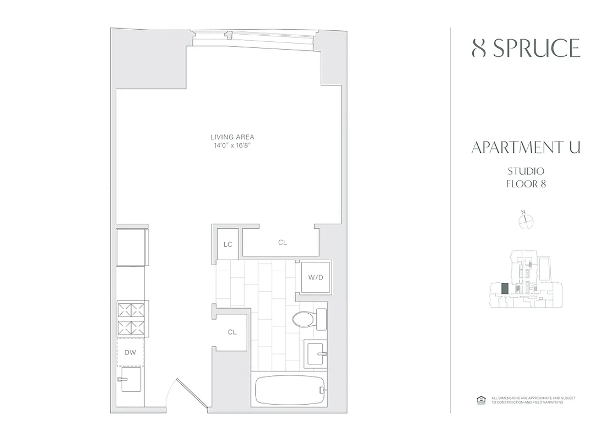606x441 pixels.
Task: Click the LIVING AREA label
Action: tap(232, 137)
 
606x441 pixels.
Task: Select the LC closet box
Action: tap(227, 244)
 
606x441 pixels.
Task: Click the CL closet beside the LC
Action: tap(282, 242)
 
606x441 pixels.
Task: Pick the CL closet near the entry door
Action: tap(232, 332)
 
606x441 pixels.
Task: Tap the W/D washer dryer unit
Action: tap(315, 277)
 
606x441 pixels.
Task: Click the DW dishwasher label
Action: tap(130, 352)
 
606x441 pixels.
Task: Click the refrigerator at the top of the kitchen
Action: tap(130, 246)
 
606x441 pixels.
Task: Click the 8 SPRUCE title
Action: tap(526, 49)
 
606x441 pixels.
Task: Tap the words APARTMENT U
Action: tap(526, 148)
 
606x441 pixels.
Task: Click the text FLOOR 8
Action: tap(526, 184)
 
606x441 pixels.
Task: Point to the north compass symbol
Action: tap(526, 220)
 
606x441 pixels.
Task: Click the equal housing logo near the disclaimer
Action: tap(479, 400)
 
